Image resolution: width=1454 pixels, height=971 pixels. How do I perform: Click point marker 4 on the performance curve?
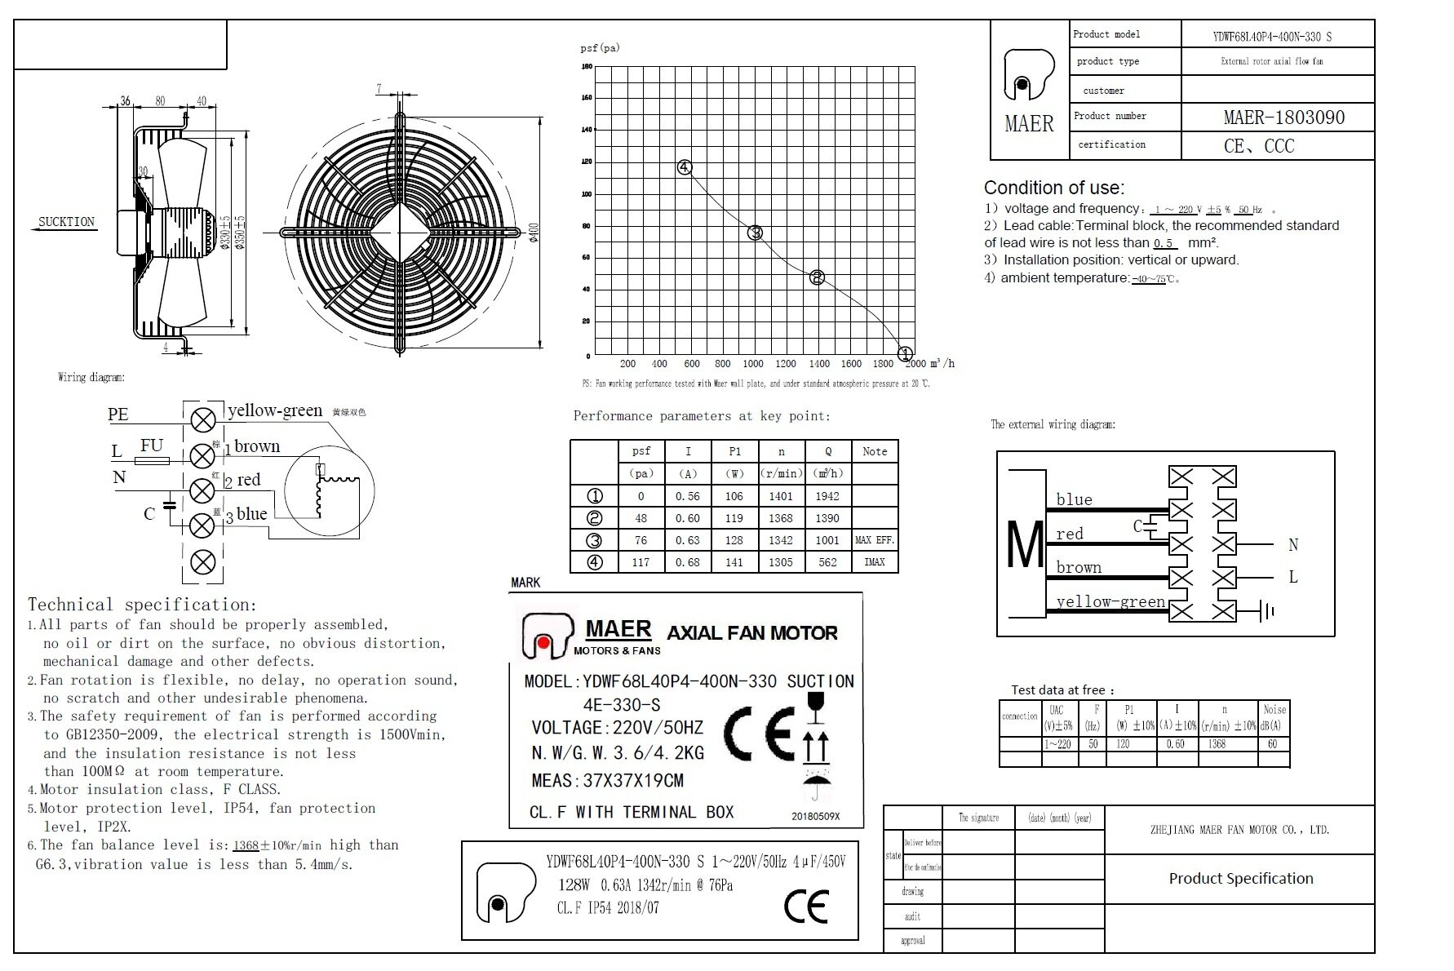[685, 168]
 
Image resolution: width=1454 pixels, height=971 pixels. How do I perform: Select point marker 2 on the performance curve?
[817, 277]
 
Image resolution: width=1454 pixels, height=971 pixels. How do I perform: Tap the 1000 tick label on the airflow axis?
[753, 364]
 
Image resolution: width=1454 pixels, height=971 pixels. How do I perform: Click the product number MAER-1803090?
[1283, 117]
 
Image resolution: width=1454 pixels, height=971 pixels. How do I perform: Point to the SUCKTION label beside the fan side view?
[67, 222]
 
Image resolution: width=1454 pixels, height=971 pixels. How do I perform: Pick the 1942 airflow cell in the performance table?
[827, 496]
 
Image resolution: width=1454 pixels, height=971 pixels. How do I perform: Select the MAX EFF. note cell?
[875, 540]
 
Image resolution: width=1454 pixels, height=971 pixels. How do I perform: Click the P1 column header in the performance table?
[734, 451]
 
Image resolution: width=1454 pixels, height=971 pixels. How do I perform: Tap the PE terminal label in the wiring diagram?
[118, 415]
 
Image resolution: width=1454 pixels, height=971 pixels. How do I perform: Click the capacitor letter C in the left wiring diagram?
[149, 514]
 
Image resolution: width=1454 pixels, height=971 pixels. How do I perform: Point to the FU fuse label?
[152, 446]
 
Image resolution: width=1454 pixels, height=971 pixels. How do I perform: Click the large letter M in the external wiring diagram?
[1025, 544]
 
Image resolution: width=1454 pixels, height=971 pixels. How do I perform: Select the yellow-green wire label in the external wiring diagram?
[1110, 602]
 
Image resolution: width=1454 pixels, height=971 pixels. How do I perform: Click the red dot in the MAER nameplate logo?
[543, 643]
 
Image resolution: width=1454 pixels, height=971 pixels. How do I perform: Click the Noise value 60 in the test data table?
[1272, 744]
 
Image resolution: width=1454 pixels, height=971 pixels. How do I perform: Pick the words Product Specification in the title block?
[1241, 879]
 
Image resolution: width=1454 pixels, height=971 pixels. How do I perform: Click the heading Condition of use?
[1053, 188]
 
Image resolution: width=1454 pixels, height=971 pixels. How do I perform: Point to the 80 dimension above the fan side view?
[160, 101]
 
